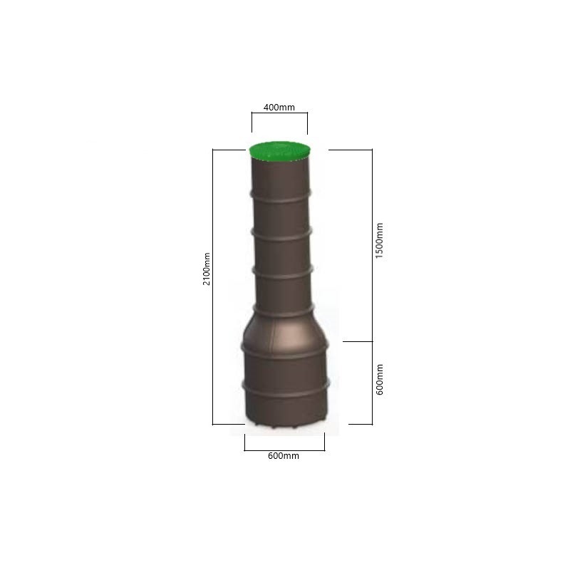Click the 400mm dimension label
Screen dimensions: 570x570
pyautogui.click(x=279, y=108)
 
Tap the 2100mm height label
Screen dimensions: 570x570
pyautogui.click(x=207, y=269)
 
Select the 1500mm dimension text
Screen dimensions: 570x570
pyautogui.click(x=379, y=241)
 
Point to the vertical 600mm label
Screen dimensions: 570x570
pyautogui.click(x=379, y=379)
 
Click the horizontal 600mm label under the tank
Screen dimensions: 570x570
pyautogui.click(x=283, y=455)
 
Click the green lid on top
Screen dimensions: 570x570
pyautogui.click(x=279, y=151)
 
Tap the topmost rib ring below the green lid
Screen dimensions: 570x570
pyautogui.click(x=280, y=196)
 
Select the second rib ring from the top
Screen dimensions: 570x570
pyautogui.click(x=281, y=234)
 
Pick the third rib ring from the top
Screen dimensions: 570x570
pyautogui.click(x=282, y=273)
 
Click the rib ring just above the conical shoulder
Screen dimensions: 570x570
pyautogui.click(x=284, y=311)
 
